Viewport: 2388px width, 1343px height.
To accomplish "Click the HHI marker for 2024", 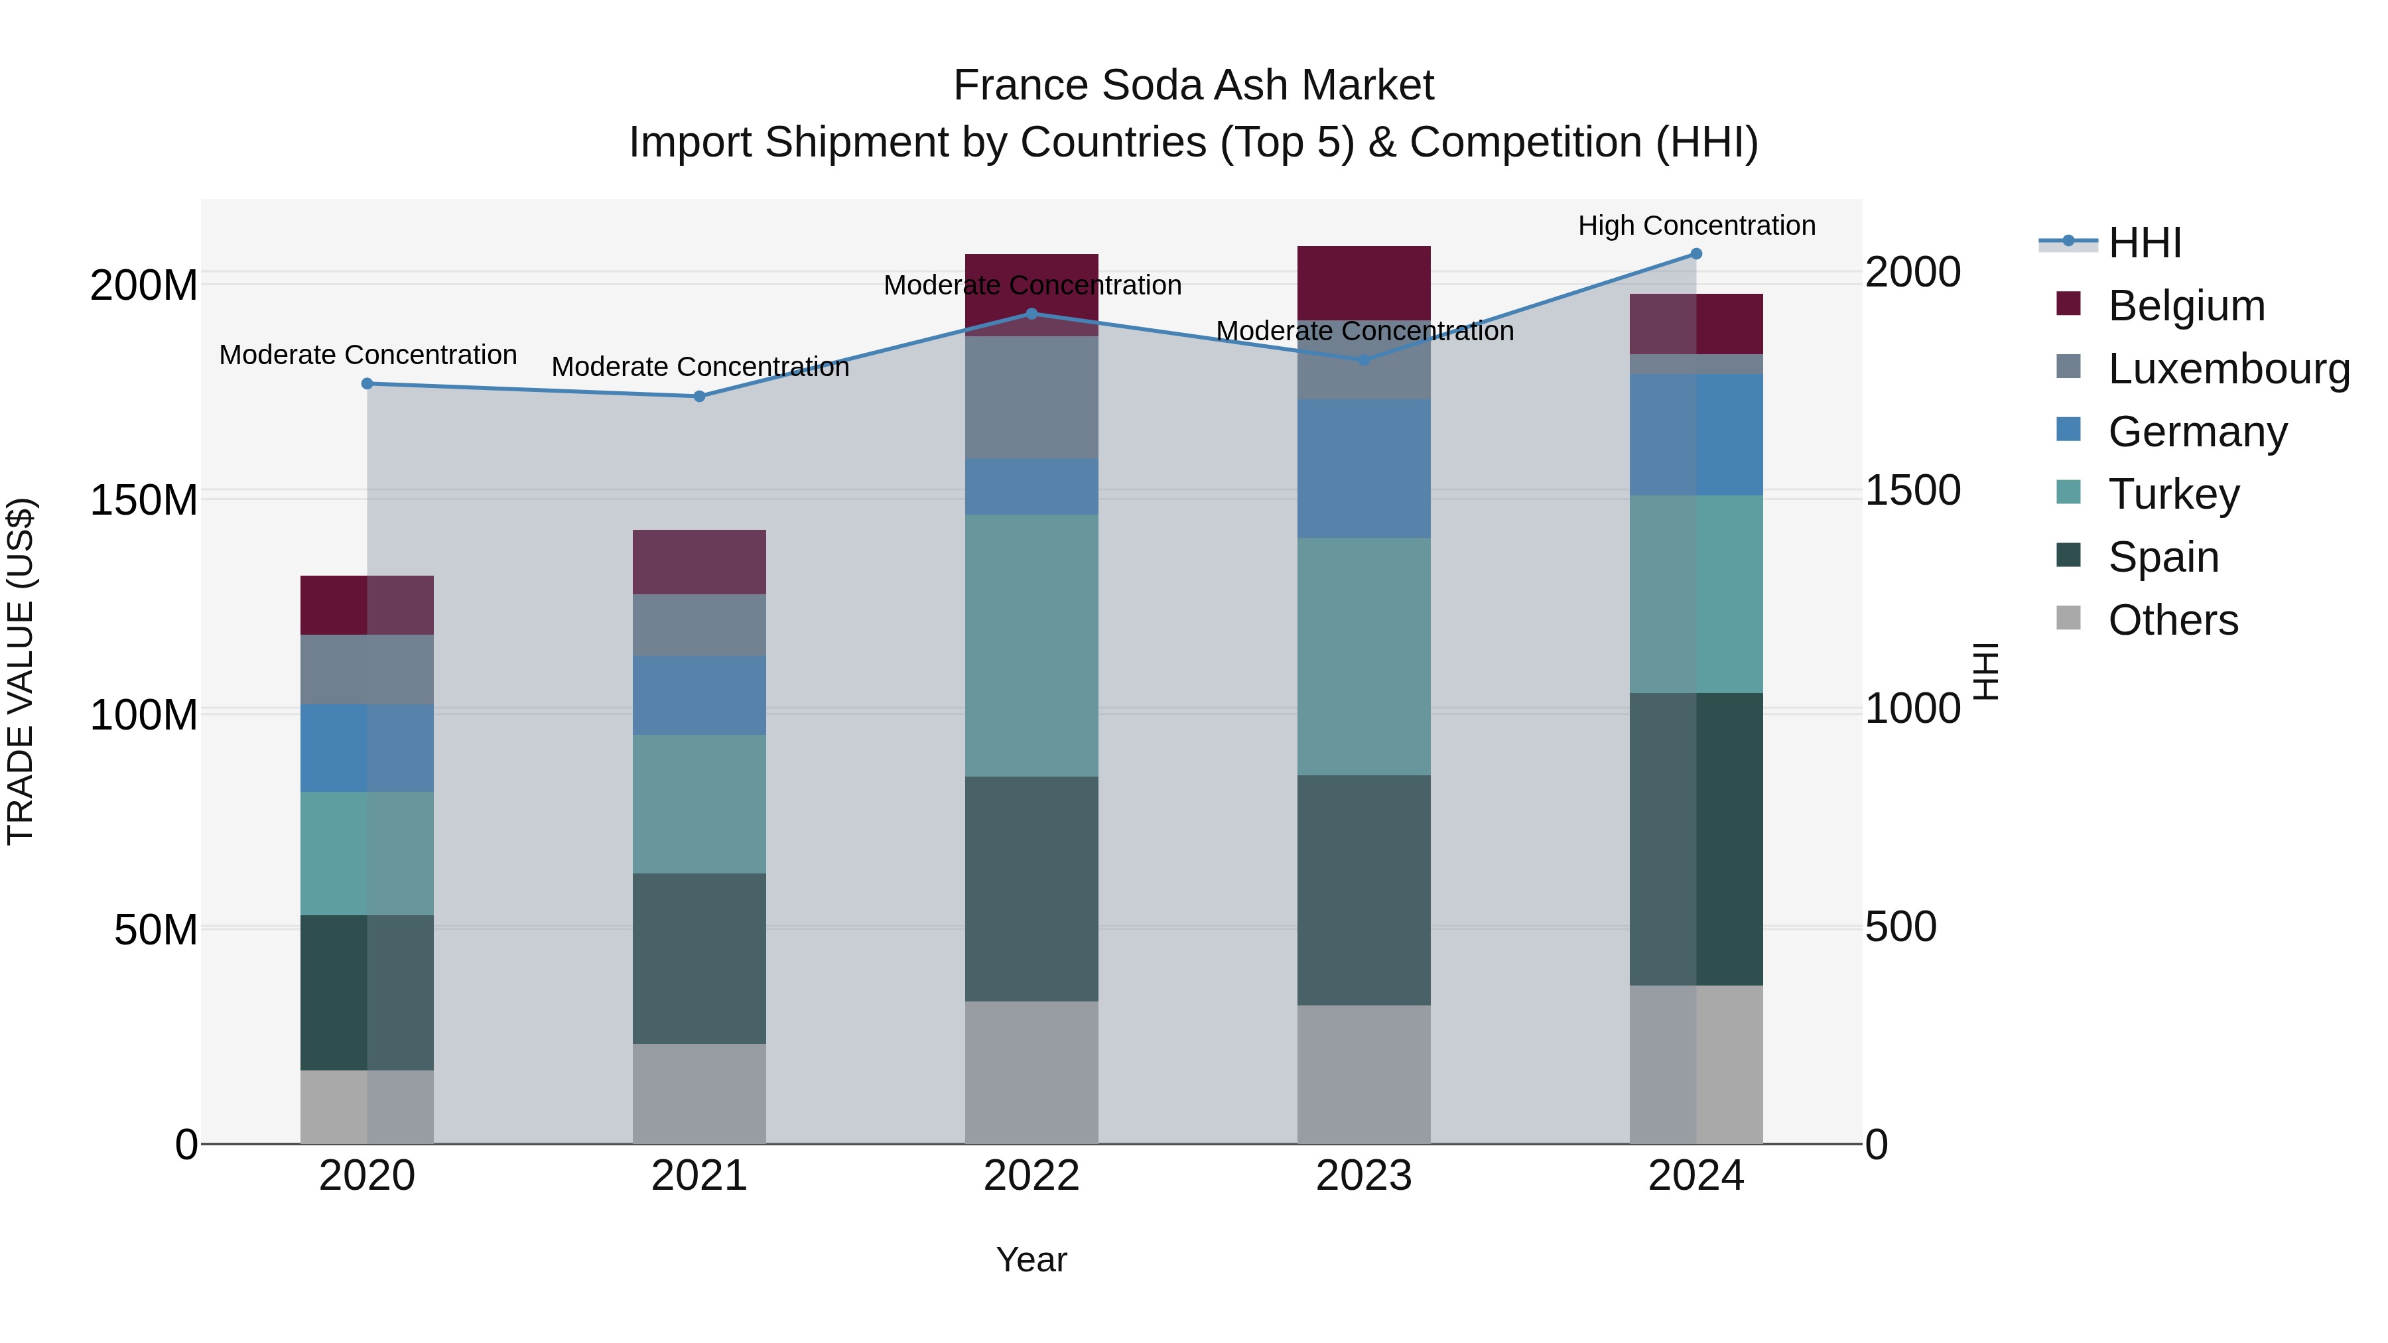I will (x=1695, y=254).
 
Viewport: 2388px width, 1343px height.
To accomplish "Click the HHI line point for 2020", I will (x=367, y=384).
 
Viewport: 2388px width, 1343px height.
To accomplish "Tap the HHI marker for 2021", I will (x=700, y=397).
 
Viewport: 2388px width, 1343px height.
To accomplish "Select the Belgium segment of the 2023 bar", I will (x=1364, y=283).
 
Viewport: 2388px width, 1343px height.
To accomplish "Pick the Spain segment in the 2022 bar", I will (x=1031, y=888).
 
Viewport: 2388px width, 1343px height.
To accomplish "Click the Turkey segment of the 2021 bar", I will (x=700, y=804).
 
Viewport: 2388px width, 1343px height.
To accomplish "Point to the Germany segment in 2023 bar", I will (x=1364, y=468).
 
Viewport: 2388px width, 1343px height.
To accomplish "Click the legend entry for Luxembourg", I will (x=2229, y=369).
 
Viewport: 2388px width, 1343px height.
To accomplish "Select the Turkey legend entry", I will (x=2173, y=494).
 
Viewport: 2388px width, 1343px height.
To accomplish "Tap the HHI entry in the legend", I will (x=2143, y=243).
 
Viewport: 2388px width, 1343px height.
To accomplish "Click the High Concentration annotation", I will (x=1696, y=225).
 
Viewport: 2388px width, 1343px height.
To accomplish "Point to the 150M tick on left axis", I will (x=144, y=501).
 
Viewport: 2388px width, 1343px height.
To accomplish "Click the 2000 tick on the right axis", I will (x=1912, y=273).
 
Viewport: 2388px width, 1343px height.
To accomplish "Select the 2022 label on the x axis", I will (x=1031, y=1176).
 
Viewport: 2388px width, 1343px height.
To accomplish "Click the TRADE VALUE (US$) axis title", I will (x=21, y=671).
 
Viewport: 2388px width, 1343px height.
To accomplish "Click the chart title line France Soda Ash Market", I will (x=1193, y=86).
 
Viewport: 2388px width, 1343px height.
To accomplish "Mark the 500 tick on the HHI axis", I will (x=1900, y=927).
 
